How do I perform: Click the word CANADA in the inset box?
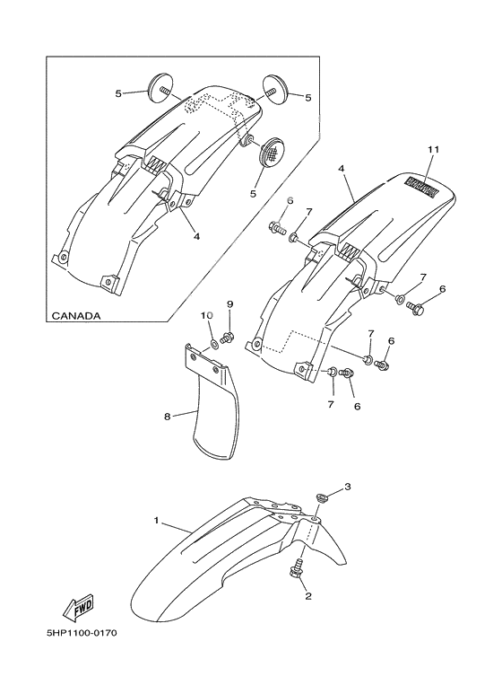[76, 316]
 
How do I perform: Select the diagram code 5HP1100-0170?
[82, 633]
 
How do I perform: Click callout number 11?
[434, 150]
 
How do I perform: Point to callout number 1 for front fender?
[156, 521]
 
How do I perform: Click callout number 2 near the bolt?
[308, 596]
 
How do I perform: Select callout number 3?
[347, 487]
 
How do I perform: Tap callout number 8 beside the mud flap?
[168, 417]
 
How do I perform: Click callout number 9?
[229, 304]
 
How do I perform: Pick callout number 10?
[207, 315]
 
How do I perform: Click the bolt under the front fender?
[296, 567]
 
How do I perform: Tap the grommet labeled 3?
[322, 497]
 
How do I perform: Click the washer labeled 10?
[213, 344]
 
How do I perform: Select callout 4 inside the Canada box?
[196, 237]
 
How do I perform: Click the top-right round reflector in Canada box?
[276, 89]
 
